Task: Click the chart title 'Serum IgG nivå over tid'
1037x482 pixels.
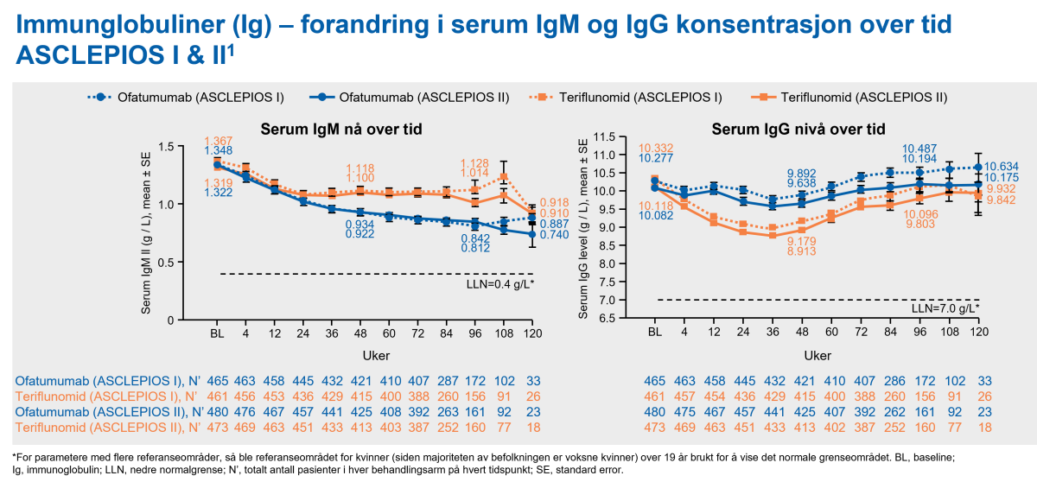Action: coord(798,130)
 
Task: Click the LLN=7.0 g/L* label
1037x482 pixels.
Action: coord(945,308)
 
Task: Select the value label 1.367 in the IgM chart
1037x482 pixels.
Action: coord(219,142)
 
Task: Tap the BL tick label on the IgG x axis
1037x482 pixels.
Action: coord(655,332)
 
